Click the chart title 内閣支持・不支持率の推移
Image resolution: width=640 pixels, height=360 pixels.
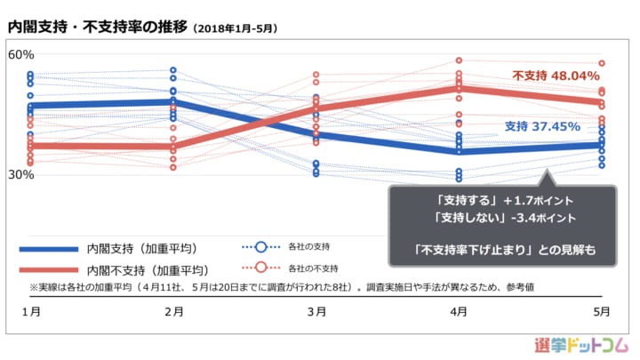[x=98, y=27]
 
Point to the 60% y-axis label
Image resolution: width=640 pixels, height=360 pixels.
[x=20, y=54]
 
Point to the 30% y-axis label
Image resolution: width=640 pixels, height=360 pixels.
[x=20, y=175]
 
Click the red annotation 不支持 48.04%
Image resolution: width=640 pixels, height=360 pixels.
[x=556, y=76]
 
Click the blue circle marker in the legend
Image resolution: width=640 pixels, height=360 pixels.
[x=261, y=246]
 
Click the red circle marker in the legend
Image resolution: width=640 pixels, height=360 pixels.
[x=261, y=268]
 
